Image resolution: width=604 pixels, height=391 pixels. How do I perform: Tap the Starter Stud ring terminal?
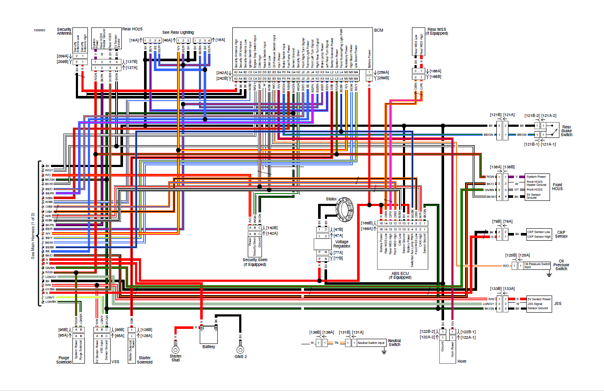click(x=175, y=350)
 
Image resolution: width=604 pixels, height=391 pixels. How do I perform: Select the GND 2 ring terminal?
click(x=240, y=350)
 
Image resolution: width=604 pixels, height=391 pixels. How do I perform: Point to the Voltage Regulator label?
click(x=342, y=244)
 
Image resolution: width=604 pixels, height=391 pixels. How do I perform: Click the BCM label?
click(x=379, y=30)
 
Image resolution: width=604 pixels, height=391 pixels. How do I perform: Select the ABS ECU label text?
click(x=400, y=275)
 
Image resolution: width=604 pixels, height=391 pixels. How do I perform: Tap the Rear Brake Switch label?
click(x=566, y=131)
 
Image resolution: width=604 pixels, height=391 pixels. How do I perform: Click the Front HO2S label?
click(x=557, y=187)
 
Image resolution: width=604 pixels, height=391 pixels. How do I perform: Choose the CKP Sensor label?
click(x=561, y=234)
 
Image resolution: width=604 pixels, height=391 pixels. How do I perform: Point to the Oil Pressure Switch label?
click(x=561, y=265)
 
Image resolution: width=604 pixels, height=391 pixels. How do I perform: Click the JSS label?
click(x=558, y=304)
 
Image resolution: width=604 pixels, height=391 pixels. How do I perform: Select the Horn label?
click(x=462, y=361)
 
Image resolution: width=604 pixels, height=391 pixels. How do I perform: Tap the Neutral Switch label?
click(x=394, y=343)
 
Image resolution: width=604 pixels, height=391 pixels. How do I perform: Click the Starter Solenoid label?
click(x=144, y=360)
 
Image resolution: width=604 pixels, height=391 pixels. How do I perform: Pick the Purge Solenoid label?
click(x=64, y=360)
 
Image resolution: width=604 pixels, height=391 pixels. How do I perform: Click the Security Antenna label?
click(x=64, y=31)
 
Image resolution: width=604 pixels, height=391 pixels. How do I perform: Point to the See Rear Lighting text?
click(x=178, y=33)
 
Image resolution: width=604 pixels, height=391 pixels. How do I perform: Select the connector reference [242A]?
click(x=222, y=73)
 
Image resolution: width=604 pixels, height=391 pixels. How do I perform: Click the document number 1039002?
click(x=39, y=30)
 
